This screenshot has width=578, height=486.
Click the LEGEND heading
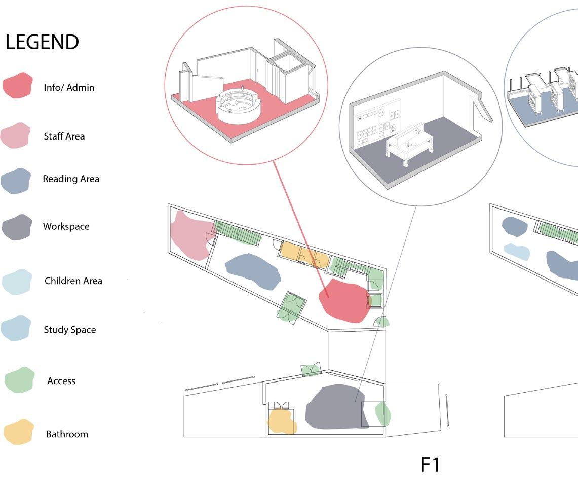tap(42, 42)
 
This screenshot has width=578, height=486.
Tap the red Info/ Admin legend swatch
tap(18, 85)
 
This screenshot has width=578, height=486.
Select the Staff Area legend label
tap(64, 136)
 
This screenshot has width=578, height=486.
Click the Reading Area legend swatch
tap(16, 181)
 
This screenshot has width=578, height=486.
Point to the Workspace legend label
tap(66, 227)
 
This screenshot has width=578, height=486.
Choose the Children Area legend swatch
tap(17, 282)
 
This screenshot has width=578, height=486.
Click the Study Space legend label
tap(69, 330)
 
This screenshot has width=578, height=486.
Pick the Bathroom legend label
tap(67, 434)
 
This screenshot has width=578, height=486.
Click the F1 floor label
tap(430, 465)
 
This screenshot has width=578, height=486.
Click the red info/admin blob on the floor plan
tap(343, 300)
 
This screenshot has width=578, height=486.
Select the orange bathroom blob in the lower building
tap(281, 420)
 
